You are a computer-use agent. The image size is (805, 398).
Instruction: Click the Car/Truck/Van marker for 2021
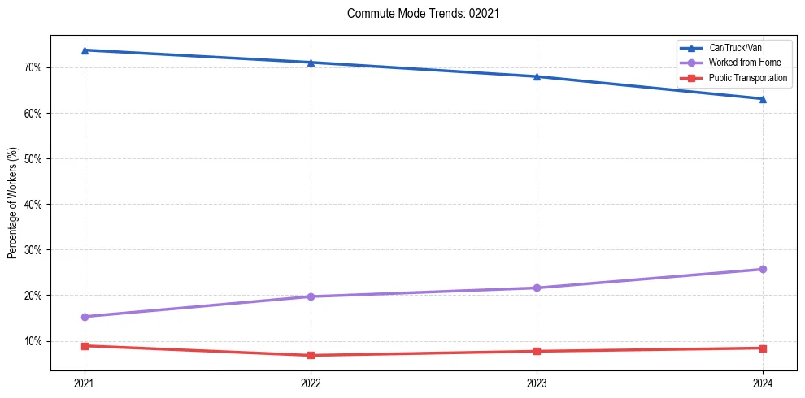[x=85, y=50]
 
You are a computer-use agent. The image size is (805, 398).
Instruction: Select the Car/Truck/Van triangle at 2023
[x=537, y=76]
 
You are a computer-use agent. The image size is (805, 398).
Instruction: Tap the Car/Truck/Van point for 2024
[x=763, y=99]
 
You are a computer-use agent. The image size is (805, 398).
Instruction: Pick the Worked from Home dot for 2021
[x=85, y=317]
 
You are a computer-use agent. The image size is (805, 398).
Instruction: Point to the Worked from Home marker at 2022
[x=311, y=296]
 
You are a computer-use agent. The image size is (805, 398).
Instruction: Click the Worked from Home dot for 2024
[x=763, y=269]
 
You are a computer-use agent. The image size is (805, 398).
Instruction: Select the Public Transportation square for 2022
[x=311, y=355]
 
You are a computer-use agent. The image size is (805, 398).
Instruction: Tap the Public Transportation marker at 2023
[x=537, y=351]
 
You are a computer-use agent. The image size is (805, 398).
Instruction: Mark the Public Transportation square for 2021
[x=85, y=346]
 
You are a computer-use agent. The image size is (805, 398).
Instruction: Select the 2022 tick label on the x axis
[x=311, y=383]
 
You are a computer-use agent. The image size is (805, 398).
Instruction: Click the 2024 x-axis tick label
[x=763, y=383]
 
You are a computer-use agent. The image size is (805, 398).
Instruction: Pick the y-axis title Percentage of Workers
[x=13, y=203]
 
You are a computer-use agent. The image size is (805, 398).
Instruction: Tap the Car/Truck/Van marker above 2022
[x=311, y=63]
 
